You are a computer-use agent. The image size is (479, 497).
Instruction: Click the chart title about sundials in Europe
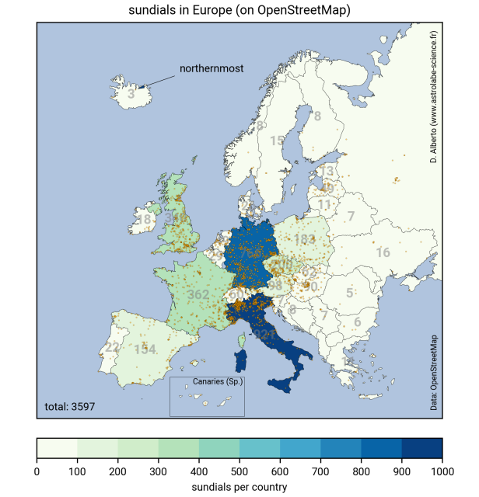pyautogui.click(x=239, y=11)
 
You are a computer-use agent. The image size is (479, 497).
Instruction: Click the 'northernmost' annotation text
pyautogui.click(x=212, y=68)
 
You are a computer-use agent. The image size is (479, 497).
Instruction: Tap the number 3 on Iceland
pyautogui.click(x=131, y=94)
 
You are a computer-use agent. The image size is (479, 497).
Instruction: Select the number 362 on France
pyautogui.click(x=198, y=295)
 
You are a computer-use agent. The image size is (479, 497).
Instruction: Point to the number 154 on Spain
pyautogui.click(x=146, y=349)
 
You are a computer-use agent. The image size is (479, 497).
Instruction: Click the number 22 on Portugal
pyautogui.click(x=113, y=347)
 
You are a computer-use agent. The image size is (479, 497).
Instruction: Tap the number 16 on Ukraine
pyautogui.click(x=383, y=252)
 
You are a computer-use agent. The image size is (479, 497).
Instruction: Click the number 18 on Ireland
pyautogui.click(x=145, y=220)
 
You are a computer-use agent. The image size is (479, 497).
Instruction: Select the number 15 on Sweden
pyautogui.click(x=277, y=141)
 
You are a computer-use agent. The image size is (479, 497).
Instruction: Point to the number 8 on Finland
pyautogui.click(x=317, y=116)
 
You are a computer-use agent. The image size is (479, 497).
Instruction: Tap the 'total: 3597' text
pyautogui.click(x=70, y=406)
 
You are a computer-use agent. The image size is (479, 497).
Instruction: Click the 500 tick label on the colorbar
pyautogui.click(x=239, y=471)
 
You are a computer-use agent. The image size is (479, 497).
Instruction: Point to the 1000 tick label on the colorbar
pyautogui.click(x=442, y=471)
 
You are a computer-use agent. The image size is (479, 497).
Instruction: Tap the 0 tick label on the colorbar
pyautogui.click(x=37, y=471)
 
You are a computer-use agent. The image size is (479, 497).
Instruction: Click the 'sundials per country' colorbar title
pyautogui.click(x=239, y=487)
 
